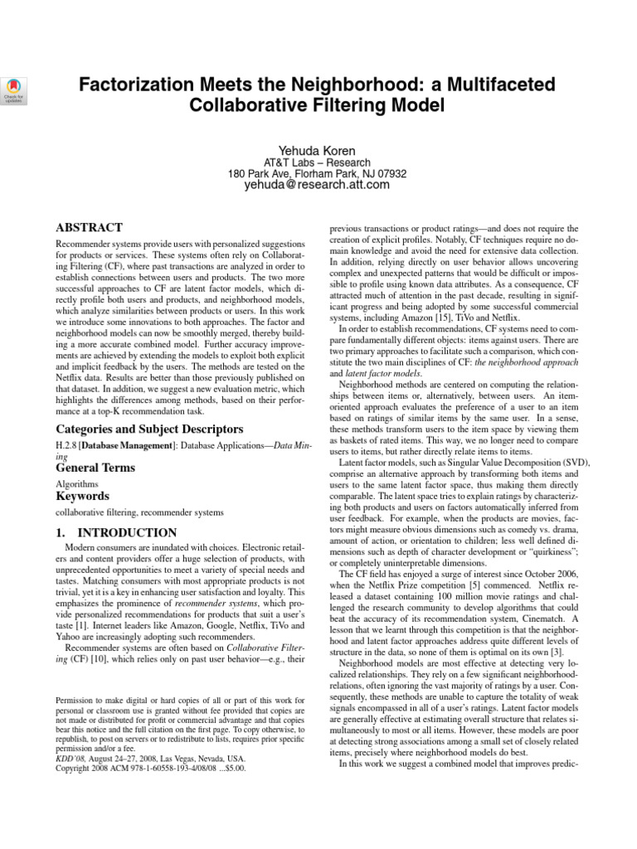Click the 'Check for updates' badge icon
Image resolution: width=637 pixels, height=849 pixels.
16,89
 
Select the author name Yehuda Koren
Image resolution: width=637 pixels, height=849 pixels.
318,150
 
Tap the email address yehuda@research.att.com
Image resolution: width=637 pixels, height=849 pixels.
317,186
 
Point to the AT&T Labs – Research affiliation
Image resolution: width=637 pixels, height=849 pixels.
317,163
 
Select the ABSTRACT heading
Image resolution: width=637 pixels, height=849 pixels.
89,227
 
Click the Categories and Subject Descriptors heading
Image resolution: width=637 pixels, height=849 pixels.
148,429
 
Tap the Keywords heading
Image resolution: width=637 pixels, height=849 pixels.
82,496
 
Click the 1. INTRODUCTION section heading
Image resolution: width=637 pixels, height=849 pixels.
116,532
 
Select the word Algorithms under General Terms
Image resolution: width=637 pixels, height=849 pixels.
77,483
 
